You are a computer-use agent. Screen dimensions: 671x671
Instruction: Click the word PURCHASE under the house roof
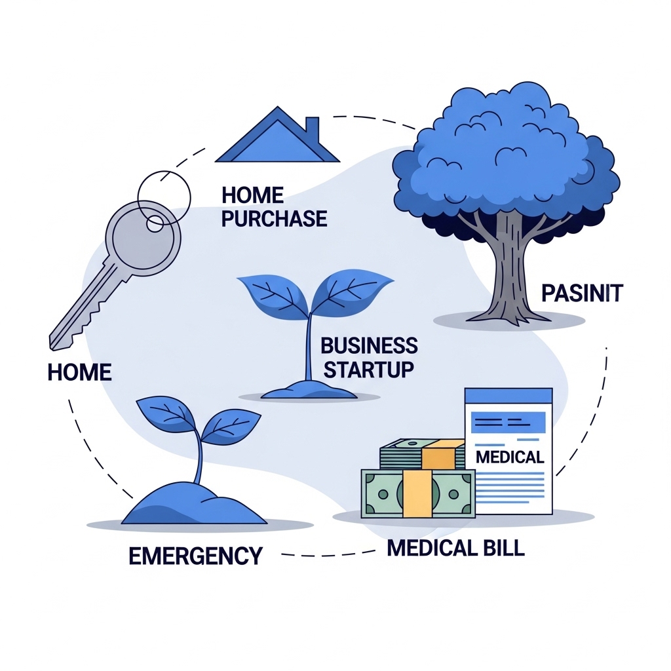coord(274,218)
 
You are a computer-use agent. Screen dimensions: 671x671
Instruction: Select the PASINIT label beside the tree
coord(582,293)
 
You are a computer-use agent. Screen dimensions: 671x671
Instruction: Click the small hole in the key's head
coord(155,223)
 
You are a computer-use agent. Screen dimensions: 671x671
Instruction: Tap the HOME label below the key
coord(79,373)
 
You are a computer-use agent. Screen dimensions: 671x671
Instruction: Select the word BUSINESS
coord(369,345)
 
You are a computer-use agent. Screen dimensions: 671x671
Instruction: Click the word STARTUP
coord(369,369)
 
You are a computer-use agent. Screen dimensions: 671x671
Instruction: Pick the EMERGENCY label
coord(195,556)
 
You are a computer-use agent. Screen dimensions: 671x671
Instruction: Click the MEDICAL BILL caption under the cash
coord(456,548)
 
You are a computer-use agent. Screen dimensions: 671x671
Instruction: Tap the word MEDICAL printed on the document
coord(510,457)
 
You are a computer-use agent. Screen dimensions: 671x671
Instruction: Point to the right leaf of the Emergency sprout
coord(229,425)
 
